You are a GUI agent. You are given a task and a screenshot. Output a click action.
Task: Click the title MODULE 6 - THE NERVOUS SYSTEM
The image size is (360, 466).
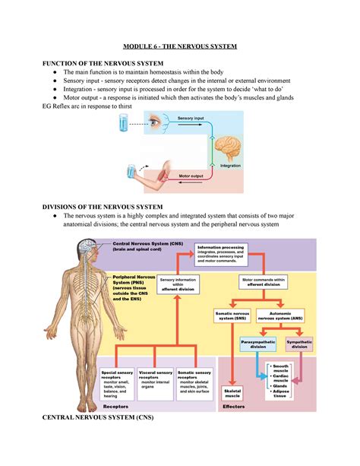179,46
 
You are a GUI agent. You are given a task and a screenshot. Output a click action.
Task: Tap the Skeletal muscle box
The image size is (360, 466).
231,390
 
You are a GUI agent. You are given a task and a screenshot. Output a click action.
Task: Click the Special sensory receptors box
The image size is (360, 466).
116,384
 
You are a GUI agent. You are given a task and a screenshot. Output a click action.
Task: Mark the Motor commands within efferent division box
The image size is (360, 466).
266,283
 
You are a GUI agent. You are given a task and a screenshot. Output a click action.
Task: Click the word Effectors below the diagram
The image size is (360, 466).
233,407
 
